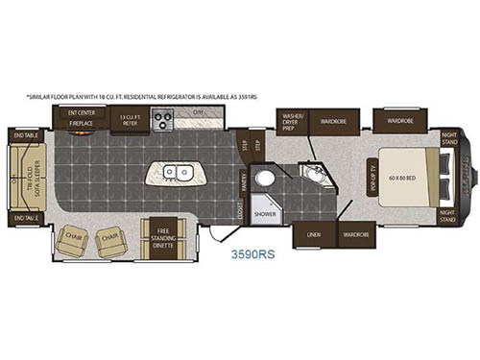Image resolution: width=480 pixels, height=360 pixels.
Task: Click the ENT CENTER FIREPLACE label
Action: pos(80,118)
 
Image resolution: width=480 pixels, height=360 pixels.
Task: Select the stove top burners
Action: pos(162,120)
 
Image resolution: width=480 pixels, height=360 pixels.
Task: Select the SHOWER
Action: pos(265,214)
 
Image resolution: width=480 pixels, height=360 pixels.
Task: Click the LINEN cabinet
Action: pos(313,233)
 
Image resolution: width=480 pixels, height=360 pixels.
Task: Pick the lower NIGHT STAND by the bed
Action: pos(447,216)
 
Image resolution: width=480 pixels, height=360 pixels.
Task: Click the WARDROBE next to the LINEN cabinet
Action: pos(356,233)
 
